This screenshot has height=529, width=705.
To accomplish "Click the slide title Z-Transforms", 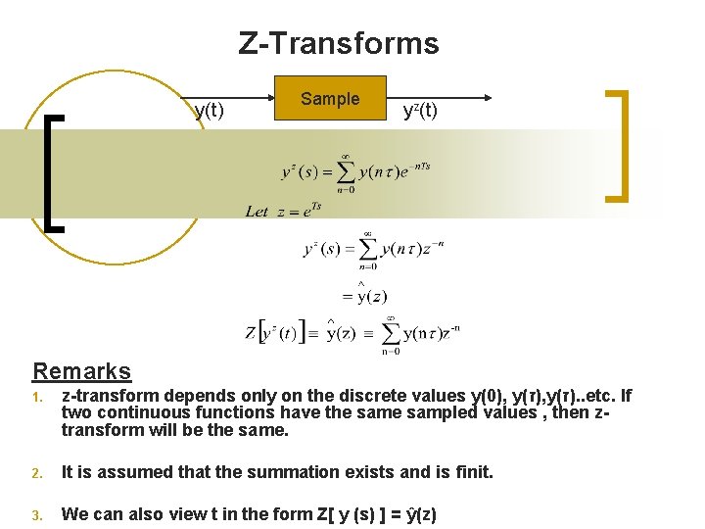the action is tap(339, 44).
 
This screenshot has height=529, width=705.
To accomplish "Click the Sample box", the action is tap(330, 99).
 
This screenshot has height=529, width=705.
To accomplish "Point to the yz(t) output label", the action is tap(420, 111).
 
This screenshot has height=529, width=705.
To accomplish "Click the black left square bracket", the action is tap(55, 171).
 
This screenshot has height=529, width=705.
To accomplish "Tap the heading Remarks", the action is tap(82, 371).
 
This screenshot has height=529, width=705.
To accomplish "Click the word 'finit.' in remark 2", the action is tap(470, 472).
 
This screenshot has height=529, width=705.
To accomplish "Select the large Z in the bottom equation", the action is tap(251, 334).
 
